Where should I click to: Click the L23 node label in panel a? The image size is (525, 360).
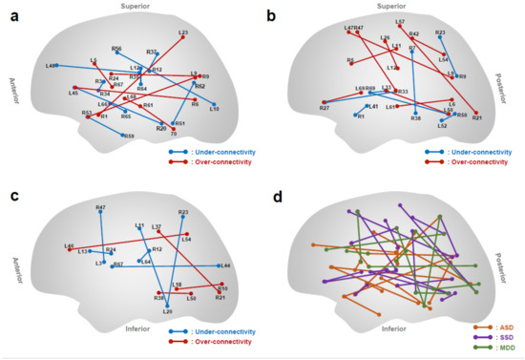click(x=182, y=32)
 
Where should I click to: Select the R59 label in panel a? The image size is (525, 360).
click(x=128, y=136)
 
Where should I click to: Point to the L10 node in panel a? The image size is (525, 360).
click(x=216, y=105)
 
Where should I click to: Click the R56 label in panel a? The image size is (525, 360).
click(x=116, y=48)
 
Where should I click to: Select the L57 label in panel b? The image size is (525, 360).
click(x=399, y=21)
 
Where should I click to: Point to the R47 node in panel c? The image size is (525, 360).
click(x=100, y=212)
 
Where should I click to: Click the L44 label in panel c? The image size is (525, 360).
click(x=225, y=265)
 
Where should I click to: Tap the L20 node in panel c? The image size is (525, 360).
click(x=167, y=306)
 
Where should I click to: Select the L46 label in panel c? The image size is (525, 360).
click(x=69, y=245)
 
